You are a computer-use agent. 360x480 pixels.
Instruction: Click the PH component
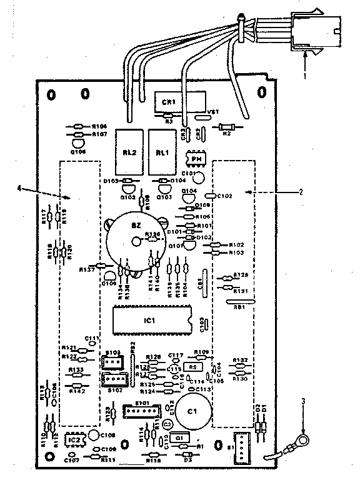coord(196,159)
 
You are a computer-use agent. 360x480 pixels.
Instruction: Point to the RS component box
coord(192,366)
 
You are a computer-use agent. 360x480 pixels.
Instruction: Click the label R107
coord(100,134)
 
